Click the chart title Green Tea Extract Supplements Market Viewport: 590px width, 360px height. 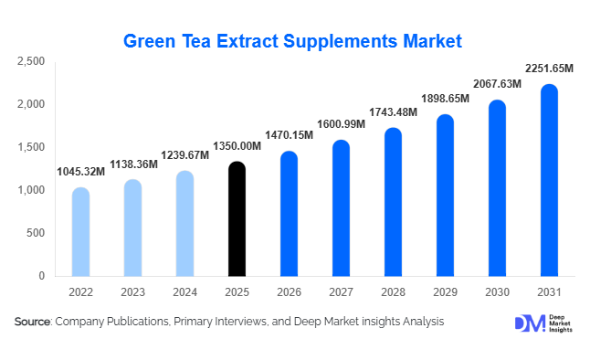pos(293,41)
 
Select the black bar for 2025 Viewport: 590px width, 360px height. pos(237,219)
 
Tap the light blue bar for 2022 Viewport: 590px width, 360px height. pos(80,232)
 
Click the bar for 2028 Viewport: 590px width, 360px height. pos(393,203)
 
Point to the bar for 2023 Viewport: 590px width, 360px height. pos(132,228)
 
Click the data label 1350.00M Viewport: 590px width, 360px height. pos(237,145)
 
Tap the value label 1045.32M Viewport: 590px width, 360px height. pos(80,172)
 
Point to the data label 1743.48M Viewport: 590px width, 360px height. pos(393,111)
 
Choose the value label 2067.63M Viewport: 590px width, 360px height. pos(497,84)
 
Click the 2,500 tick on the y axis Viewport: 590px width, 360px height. pos(31,61)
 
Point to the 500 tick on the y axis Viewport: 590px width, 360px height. pos(36,233)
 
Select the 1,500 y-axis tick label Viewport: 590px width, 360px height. pos(31,147)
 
